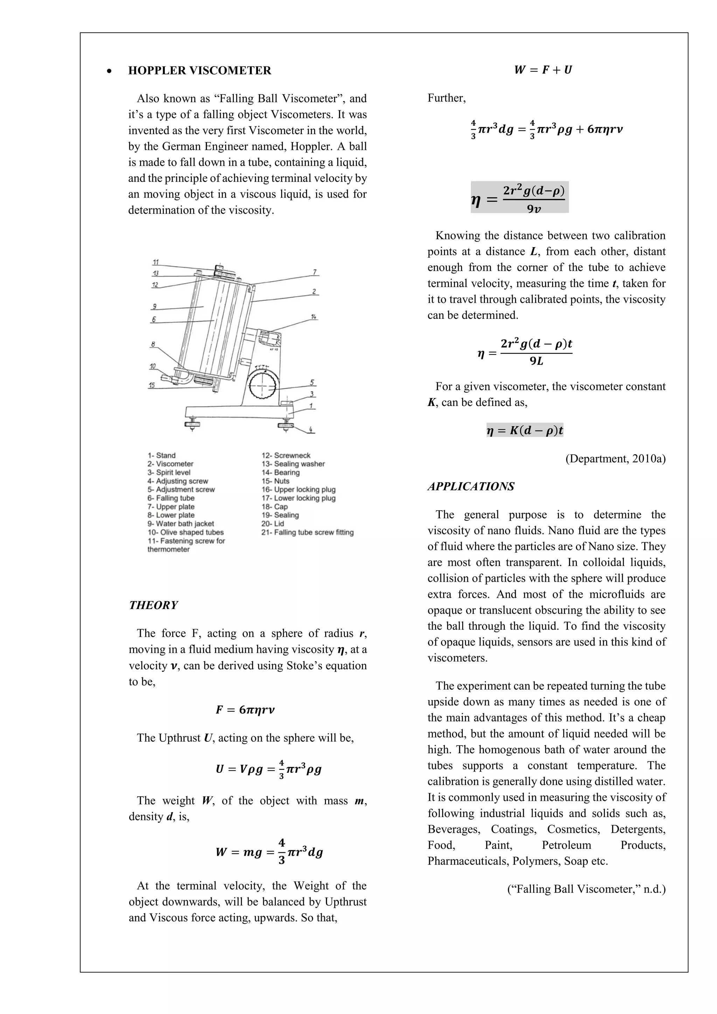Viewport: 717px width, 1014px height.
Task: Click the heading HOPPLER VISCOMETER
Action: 200,71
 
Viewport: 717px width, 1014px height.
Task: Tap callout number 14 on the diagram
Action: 314,317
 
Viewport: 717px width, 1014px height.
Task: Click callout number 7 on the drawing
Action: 314,272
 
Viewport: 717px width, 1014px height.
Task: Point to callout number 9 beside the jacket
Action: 154,306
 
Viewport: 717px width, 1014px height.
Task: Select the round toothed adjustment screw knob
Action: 263,384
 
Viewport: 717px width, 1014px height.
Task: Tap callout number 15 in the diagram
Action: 152,385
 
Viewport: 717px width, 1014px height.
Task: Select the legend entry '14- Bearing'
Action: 280,472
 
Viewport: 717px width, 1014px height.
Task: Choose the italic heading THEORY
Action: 153,605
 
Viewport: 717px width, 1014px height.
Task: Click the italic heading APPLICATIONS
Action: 471,486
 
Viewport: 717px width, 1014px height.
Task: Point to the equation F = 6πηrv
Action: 245,710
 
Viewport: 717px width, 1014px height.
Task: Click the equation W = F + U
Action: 543,70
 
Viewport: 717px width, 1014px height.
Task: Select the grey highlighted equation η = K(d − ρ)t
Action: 525,430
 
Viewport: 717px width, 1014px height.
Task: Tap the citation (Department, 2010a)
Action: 615,459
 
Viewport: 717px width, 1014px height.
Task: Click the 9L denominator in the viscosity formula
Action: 536,362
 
